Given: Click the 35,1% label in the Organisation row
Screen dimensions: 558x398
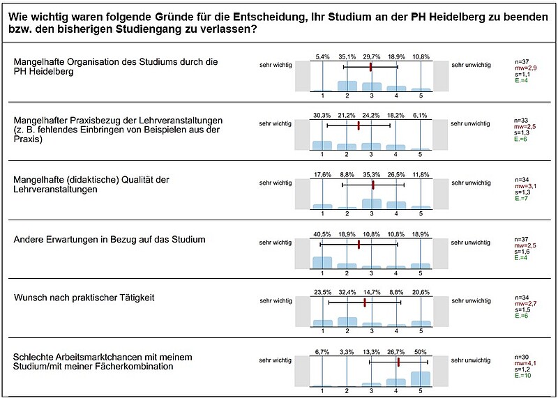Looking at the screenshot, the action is pos(347,57).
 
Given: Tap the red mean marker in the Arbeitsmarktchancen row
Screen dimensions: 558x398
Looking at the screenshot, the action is pos(398,362).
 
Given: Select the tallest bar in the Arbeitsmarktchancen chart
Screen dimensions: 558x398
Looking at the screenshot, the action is pos(421,378).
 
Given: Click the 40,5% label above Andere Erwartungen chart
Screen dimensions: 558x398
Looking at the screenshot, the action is pos(322,235).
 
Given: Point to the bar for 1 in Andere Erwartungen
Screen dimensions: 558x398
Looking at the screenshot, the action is pos(322,263).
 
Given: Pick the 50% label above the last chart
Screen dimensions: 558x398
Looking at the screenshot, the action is pos(421,352).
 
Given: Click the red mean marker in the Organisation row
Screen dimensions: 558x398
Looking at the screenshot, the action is pos(370,67).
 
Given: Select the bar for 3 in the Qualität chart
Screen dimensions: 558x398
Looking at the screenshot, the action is pos(372,204).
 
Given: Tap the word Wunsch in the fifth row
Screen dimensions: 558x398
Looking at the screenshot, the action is pos(28,298).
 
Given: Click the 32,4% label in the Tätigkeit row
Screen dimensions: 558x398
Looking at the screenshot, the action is pos(347,292).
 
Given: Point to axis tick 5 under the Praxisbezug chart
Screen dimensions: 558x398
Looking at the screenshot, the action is pos(421,154).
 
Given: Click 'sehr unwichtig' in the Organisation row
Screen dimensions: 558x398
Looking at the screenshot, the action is pos(471,65).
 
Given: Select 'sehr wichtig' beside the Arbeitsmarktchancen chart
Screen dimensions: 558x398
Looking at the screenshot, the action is pos(275,360).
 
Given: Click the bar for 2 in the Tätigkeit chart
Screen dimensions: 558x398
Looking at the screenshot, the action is pos(347,321).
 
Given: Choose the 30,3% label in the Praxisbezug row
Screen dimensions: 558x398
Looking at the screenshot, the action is pos(322,116).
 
